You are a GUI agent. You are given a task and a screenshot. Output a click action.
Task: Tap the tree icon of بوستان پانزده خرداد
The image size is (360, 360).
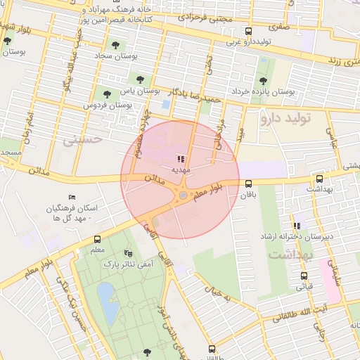coord(263,81)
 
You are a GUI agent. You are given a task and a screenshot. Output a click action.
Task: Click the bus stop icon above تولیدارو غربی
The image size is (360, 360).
coord(247,31)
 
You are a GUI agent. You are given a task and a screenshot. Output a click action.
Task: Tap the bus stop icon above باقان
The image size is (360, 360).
coord(248,184)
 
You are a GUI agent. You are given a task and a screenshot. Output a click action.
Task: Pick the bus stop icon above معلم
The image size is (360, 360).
coord(97,239)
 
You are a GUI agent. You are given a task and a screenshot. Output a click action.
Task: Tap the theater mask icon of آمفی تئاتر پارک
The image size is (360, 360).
coord(127,252)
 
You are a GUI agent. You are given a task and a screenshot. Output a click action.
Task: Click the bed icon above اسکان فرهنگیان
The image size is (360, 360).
coord(70,198)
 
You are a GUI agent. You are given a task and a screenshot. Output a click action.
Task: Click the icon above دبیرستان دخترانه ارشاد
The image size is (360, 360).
coord(296,226)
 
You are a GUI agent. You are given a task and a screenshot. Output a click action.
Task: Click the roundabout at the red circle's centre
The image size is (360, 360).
coord(183,195)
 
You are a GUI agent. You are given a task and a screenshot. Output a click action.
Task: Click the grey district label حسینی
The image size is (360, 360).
coord(83,139)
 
